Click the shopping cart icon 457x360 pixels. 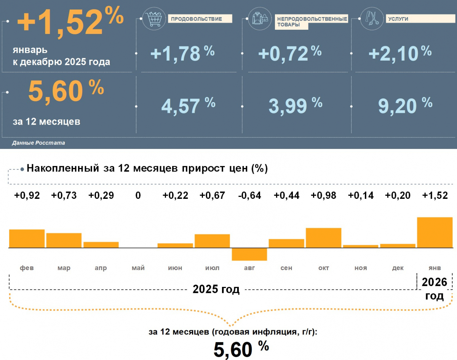click(154, 19)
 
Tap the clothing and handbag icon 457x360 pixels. click(260, 19)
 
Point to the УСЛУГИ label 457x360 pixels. click(398, 19)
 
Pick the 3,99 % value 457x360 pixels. click(296, 106)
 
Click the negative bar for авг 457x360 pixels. click(249, 254)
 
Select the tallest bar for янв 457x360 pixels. click(435, 232)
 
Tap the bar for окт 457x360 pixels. click(323, 238)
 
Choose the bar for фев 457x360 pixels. click(27, 238)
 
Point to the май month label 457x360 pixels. click(138, 268)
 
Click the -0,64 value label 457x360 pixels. click(249, 196)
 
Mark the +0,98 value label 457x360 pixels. click(323, 196)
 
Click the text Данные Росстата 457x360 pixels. click(38, 143)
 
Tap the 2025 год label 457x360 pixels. click(216, 290)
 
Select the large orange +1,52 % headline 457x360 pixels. click(70, 21)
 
